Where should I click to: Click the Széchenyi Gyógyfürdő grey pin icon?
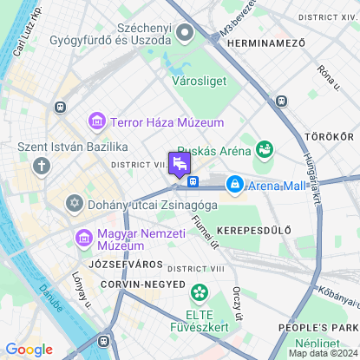[x=184, y=33]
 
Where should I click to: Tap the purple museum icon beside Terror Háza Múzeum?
[x=96, y=122]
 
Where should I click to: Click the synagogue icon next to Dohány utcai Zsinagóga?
[x=75, y=203]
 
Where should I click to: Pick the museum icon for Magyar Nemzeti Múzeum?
[x=84, y=237]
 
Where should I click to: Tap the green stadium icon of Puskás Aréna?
[x=265, y=150]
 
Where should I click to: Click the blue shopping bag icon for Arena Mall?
[x=234, y=184]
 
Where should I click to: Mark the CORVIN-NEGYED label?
[x=143, y=284]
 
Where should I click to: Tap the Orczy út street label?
[x=237, y=303]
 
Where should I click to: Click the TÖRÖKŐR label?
[x=330, y=137]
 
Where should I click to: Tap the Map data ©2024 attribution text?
[x=323, y=353]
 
